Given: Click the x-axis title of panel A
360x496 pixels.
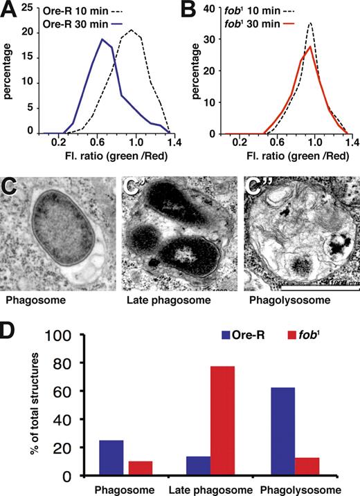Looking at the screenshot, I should pyautogui.click(x=98, y=160).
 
